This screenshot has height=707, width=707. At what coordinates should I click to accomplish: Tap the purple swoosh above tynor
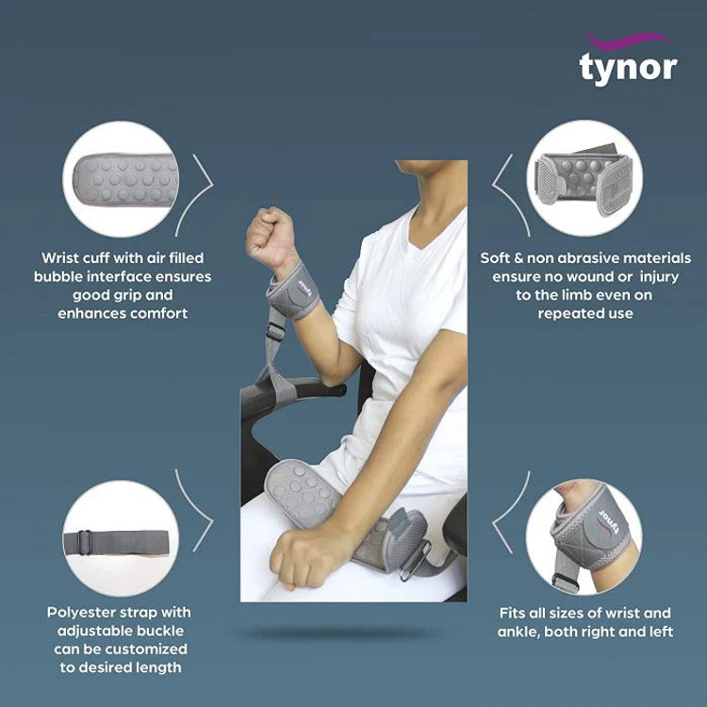point(628,40)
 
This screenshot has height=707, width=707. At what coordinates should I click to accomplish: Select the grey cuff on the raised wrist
point(292,293)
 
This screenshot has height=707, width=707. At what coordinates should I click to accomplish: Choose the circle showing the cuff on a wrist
point(585,537)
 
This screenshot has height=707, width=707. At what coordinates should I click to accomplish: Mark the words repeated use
point(584,313)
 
